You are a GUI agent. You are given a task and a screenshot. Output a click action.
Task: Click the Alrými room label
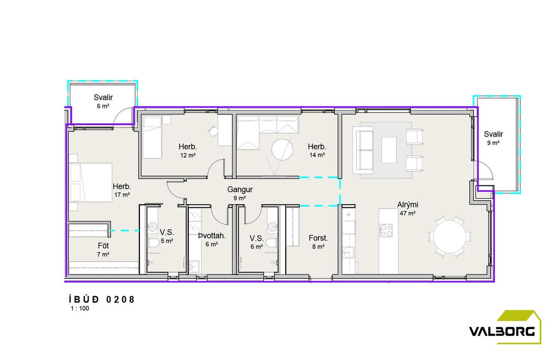(407, 205)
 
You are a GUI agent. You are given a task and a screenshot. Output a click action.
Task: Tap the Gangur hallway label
(240, 189)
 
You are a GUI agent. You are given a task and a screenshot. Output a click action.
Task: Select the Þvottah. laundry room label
(212, 236)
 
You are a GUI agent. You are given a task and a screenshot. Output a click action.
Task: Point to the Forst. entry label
(318, 238)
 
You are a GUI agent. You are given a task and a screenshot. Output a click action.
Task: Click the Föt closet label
(103, 246)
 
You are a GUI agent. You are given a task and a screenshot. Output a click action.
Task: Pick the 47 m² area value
(407, 213)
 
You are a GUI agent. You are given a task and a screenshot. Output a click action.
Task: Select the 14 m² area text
(317, 155)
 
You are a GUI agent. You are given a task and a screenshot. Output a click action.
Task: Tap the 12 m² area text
(188, 155)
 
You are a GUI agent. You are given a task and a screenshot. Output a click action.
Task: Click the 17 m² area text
(122, 195)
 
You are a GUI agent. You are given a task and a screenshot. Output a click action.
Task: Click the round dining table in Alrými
(450, 236)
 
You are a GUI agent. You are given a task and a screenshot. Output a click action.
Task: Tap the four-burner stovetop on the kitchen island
(386, 230)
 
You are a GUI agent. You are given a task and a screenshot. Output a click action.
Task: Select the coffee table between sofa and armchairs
(389, 150)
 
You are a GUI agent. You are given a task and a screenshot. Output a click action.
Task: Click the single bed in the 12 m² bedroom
(152, 137)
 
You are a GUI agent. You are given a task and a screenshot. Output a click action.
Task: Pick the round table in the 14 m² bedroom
(282, 149)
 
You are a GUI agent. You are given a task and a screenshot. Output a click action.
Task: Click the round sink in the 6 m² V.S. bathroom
(273, 226)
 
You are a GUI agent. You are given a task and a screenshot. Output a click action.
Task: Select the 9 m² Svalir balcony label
(493, 138)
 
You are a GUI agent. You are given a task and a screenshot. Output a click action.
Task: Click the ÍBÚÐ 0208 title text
(102, 299)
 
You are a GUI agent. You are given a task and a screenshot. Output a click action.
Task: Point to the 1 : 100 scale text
(80, 309)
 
